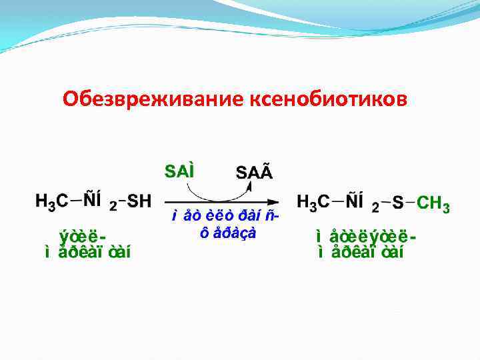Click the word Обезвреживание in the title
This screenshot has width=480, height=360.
click(x=153, y=99)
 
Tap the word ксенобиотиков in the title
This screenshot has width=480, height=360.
click(x=327, y=99)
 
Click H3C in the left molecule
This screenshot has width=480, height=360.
click(x=53, y=201)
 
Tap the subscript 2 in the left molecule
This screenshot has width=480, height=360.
click(x=113, y=207)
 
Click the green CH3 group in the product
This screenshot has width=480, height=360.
click(x=433, y=203)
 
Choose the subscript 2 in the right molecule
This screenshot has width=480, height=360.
click(x=375, y=208)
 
